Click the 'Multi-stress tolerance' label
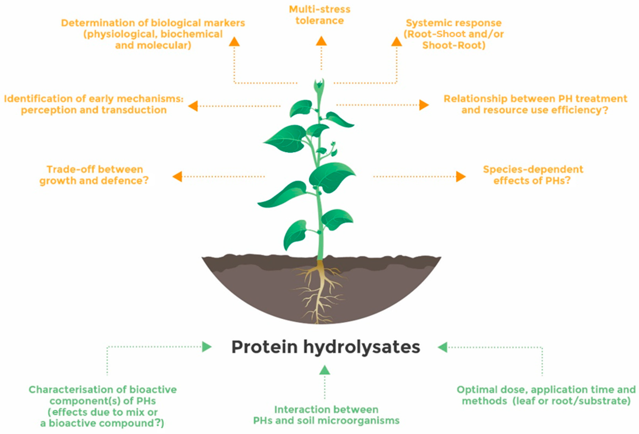coord(319,15)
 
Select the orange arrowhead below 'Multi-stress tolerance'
coord(321,41)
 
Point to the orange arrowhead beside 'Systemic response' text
coord(396,42)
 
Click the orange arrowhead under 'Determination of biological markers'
coord(234,42)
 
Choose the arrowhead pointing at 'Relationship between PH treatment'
coord(424,105)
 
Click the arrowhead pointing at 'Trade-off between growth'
coord(178,176)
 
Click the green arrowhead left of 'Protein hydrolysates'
coord(206,347)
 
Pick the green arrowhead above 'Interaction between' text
coord(324,370)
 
